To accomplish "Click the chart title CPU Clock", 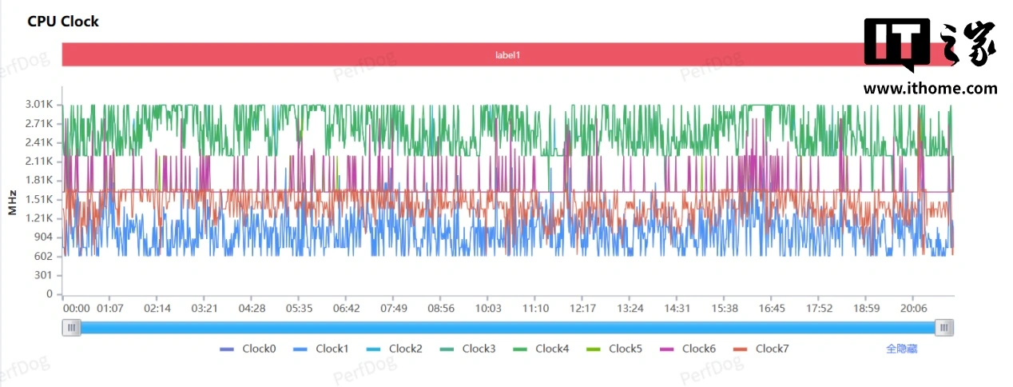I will coord(63,22).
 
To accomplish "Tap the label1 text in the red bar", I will coord(507,55).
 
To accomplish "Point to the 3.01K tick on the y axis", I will coord(38,105).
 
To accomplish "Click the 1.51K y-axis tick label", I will coord(38,199).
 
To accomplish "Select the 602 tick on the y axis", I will coord(43,256).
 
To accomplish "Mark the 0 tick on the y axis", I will coord(49,294).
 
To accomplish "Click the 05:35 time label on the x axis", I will coord(299,309).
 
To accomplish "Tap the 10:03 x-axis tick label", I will coord(488,309).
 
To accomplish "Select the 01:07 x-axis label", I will coord(109,309).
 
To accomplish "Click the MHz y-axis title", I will coord(12,202).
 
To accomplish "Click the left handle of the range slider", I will coord(72,327).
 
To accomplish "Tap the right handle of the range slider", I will coord(945,327).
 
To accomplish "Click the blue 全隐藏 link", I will coord(901,349).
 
